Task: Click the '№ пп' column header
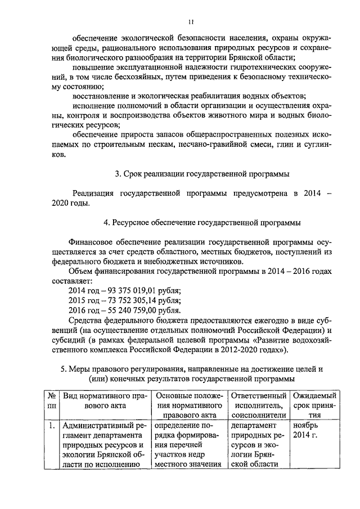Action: click(52, 400)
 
